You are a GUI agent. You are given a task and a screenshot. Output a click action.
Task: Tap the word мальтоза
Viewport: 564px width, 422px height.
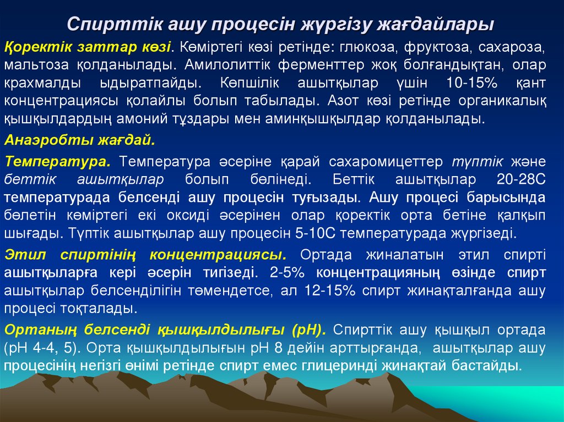(x=34, y=65)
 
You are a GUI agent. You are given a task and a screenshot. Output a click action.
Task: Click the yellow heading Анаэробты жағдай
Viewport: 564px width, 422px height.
(x=80, y=140)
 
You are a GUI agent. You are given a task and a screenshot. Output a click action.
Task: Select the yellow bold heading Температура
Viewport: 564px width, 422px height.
(x=58, y=162)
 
